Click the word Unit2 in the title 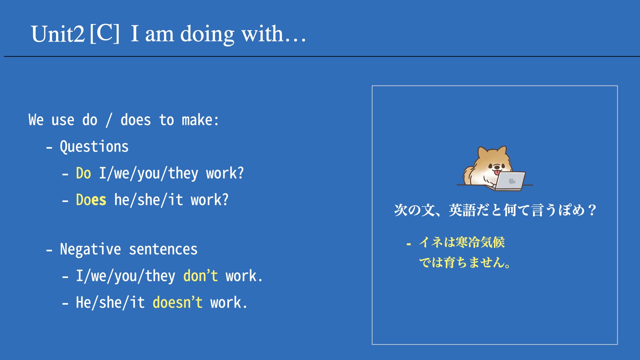click(x=58, y=34)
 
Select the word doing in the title click(x=207, y=35)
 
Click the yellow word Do click(x=83, y=173)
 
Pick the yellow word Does click(x=91, y=200)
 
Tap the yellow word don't click(x=201, y=276)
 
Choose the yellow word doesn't click(x=178, y=302)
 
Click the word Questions click(x=94, y=147)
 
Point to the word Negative click(x=90, y=249)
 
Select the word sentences click(x=163, y=249)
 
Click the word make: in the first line click(x=200, y=120)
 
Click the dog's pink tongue click(x=497, y=172)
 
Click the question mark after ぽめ click(x=592, y=210)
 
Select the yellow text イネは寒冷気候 click(x=462, y=242)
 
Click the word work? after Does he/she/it click(x=210, y=200)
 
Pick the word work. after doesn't click(x=229, y=302)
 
